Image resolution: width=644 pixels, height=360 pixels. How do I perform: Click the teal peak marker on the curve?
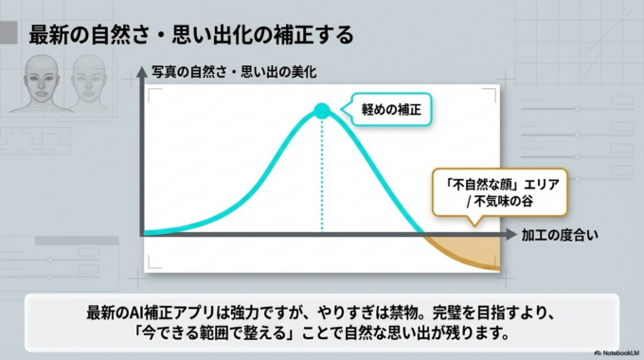point(322,112)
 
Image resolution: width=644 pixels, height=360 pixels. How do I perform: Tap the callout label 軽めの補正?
point(390,111)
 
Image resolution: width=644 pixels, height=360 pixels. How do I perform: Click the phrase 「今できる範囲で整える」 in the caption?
point(196,334)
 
